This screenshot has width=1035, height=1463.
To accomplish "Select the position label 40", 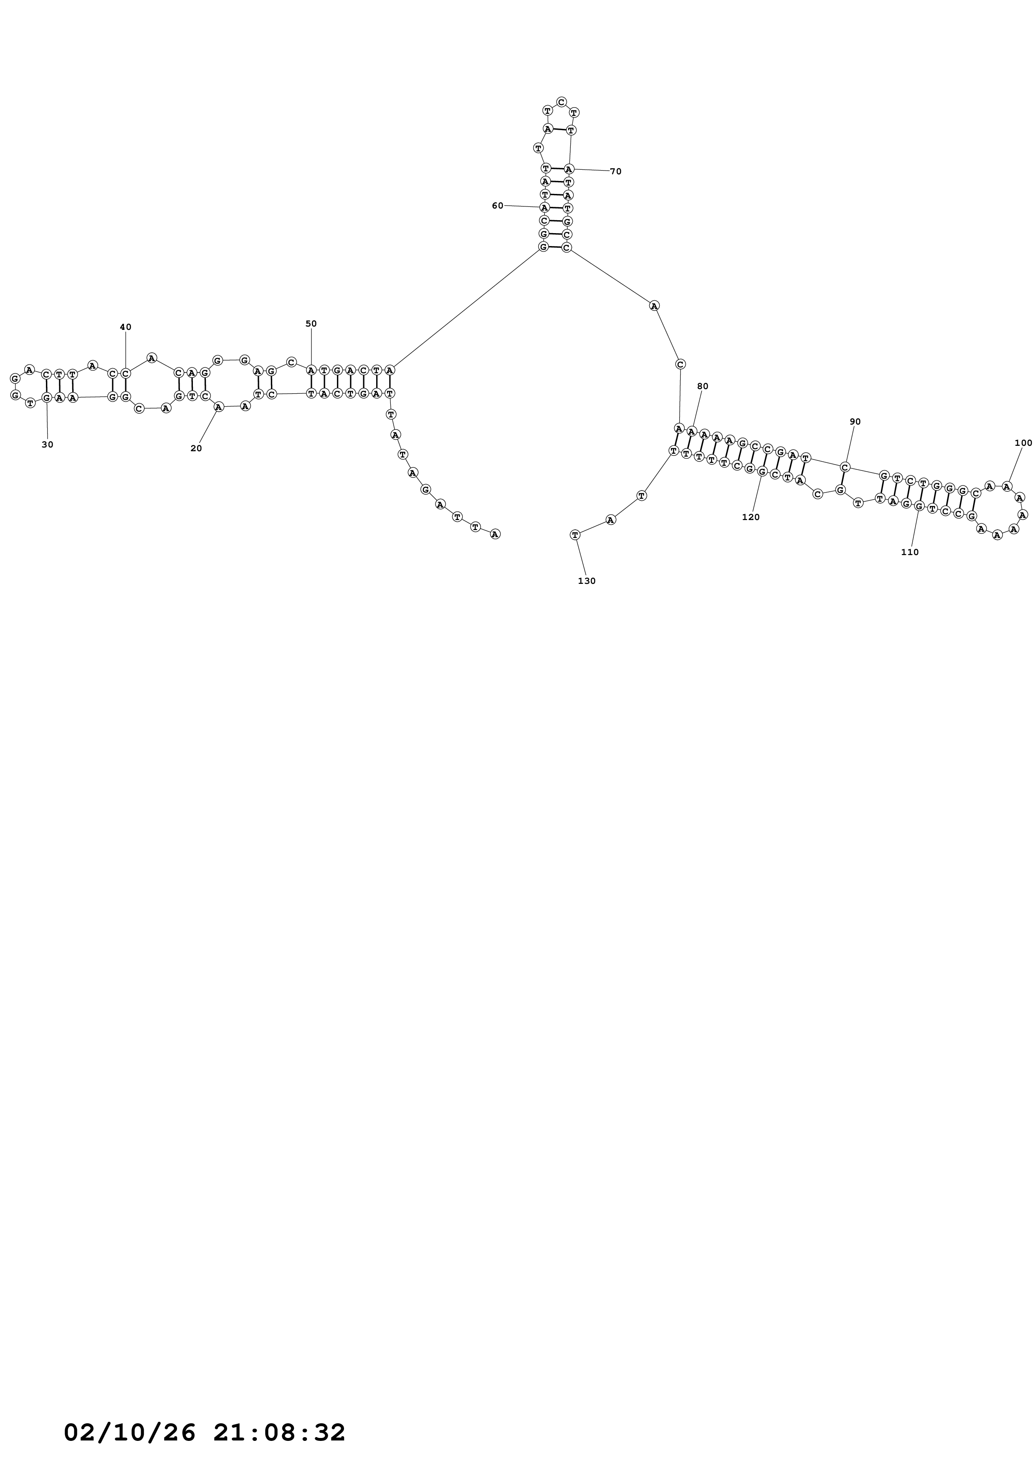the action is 126,327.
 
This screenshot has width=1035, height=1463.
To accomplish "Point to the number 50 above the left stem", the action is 311,324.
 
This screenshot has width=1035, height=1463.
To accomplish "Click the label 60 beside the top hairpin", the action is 497,206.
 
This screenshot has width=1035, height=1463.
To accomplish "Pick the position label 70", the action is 615,171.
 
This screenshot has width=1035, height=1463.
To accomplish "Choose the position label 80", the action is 703,386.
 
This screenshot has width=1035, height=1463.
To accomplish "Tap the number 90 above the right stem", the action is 855,422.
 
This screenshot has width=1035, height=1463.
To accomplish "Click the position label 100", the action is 1023,443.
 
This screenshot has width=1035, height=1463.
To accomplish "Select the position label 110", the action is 910,553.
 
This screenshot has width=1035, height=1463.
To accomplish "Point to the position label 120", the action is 751,518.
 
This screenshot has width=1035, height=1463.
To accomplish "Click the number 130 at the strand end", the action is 587,581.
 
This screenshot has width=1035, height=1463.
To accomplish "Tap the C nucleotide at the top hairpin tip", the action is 561,102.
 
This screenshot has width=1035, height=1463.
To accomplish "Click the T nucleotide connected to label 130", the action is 575,535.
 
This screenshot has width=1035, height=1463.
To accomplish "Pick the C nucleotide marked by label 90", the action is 845,467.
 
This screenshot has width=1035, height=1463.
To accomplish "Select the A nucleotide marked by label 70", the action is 569,169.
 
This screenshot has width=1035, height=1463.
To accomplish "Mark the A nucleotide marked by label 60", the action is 544,207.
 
